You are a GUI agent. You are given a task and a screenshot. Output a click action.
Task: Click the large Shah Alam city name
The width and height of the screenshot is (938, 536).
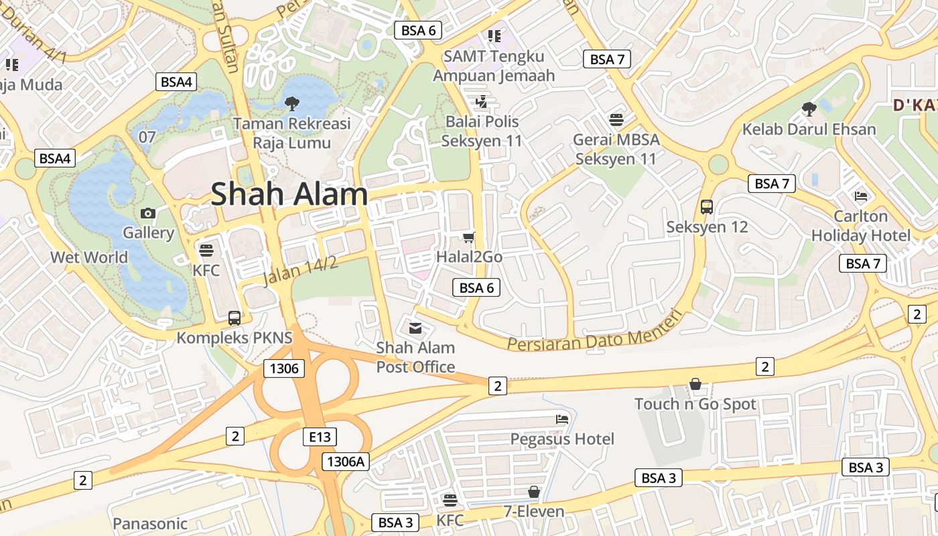pos(289,194)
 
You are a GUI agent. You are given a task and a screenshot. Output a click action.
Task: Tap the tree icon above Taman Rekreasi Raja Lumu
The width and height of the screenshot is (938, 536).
pos(291,104)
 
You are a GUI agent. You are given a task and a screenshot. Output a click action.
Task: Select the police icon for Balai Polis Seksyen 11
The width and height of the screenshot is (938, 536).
pos(481,102)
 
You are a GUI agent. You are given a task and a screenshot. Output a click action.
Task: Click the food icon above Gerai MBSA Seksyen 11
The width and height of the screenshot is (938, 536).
pos(616,120)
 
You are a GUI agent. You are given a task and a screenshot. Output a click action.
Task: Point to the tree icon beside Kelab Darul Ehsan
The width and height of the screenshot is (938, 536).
pos(809,109)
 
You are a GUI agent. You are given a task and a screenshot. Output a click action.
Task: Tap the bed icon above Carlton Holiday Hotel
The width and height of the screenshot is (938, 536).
pos(861,196)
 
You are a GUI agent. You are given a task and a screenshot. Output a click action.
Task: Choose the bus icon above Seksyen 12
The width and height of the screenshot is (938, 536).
pos(706,207)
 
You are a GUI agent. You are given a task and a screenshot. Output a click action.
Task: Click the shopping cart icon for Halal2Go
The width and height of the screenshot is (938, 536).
pos(469,237)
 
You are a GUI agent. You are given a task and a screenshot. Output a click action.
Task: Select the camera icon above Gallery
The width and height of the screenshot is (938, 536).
pos(148,214)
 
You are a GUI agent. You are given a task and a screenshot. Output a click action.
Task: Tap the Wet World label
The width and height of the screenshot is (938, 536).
pos(89,257)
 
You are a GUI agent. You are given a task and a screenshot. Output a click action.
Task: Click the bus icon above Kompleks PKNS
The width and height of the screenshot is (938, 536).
pos(234,318)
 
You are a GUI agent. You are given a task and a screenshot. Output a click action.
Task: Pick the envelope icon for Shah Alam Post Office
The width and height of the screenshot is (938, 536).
pos(415,328)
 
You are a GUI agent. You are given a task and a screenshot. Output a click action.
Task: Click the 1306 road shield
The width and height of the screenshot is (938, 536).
pos(285,368)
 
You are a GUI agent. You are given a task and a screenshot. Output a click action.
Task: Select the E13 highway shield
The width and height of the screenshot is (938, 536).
pos(320,437)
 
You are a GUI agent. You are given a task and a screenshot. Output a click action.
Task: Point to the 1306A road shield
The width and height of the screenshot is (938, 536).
pos(346,461)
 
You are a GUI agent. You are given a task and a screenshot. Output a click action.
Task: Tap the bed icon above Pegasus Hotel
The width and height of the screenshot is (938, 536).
pos(562,419)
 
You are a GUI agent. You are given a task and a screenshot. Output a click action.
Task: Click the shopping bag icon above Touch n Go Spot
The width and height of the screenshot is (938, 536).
pos(695,385)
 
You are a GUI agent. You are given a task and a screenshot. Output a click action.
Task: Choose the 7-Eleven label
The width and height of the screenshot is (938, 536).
pos(534,511)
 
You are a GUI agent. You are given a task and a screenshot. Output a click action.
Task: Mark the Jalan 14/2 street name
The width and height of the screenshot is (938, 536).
pos(300,270)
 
